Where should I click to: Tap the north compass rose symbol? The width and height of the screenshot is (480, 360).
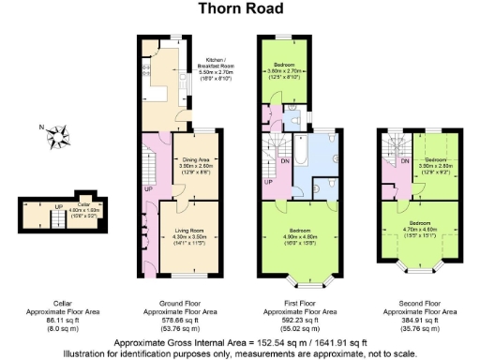[x=58, y=138]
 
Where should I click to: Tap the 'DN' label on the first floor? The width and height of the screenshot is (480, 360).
[x=284, y=160]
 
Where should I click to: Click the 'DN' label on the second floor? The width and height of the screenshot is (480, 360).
[x=404, y=163]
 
